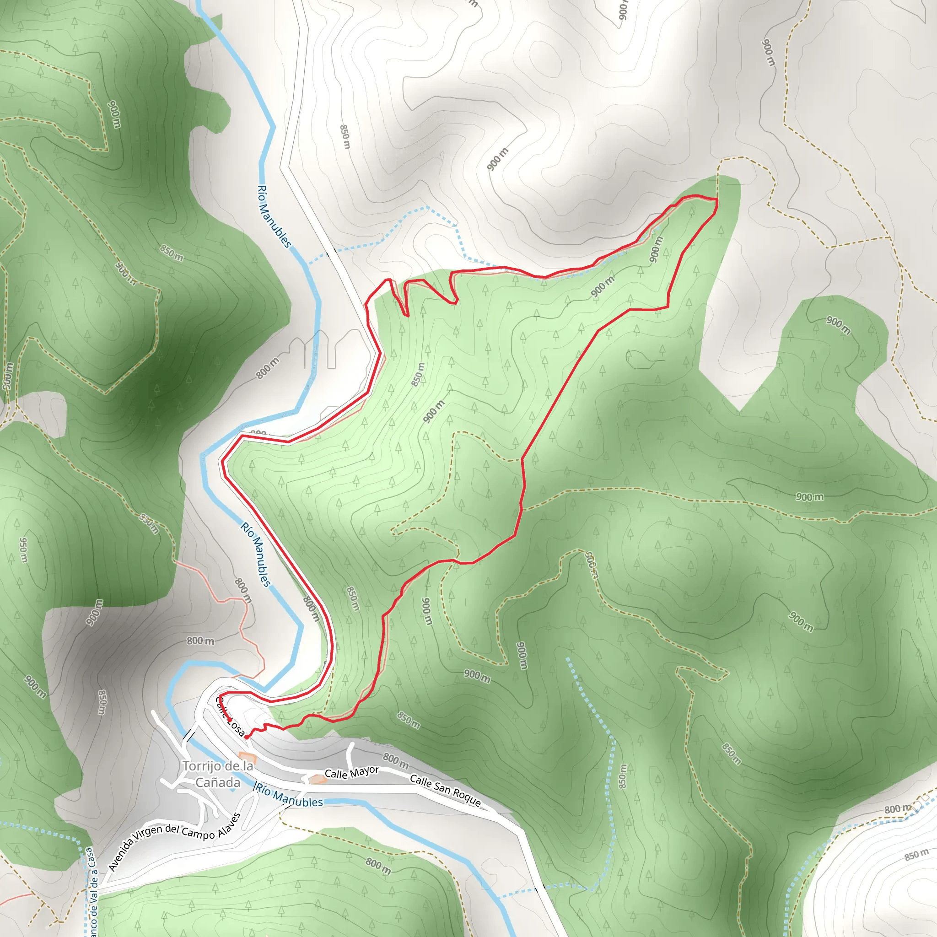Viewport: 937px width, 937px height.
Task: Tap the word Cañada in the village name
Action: (x=218, y=783)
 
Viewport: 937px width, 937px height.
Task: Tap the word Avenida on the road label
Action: (x=121, y=853)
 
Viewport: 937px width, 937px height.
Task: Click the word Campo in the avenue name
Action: (x=197, y=833)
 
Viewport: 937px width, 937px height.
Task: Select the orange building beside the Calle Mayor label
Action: (x=318, y=779)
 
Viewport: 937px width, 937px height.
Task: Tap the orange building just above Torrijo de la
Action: (x=248, y=757)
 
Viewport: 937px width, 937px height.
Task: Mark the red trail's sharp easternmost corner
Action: (x=717, y=199)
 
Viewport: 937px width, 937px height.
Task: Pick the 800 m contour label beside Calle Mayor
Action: (x=395, y=760)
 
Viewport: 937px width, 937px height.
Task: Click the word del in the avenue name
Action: (x=172, y=829)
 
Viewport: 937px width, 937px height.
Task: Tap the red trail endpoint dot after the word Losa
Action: (x=247, y=737)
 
